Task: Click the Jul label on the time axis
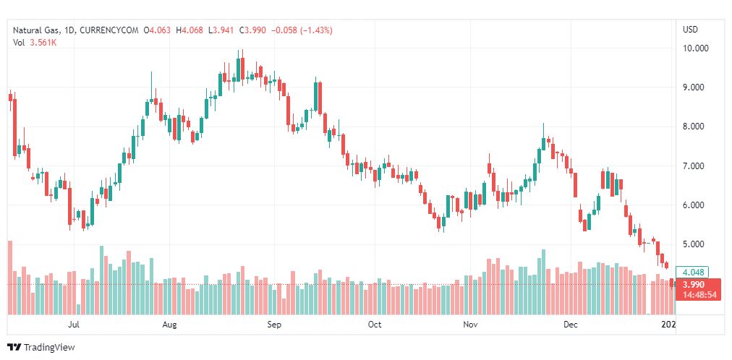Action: [x=72, y=325]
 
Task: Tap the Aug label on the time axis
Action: [x=169, y=325]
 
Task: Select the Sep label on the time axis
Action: [x=273, y=325]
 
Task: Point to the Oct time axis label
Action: [x=375, y=325]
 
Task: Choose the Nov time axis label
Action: [x=471, y=325]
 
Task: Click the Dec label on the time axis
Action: [x=571, y=325]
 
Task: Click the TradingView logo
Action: [x=41, y=348]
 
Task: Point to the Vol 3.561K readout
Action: [x=35, y=42]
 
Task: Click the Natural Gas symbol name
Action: [x=36, y=30]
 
